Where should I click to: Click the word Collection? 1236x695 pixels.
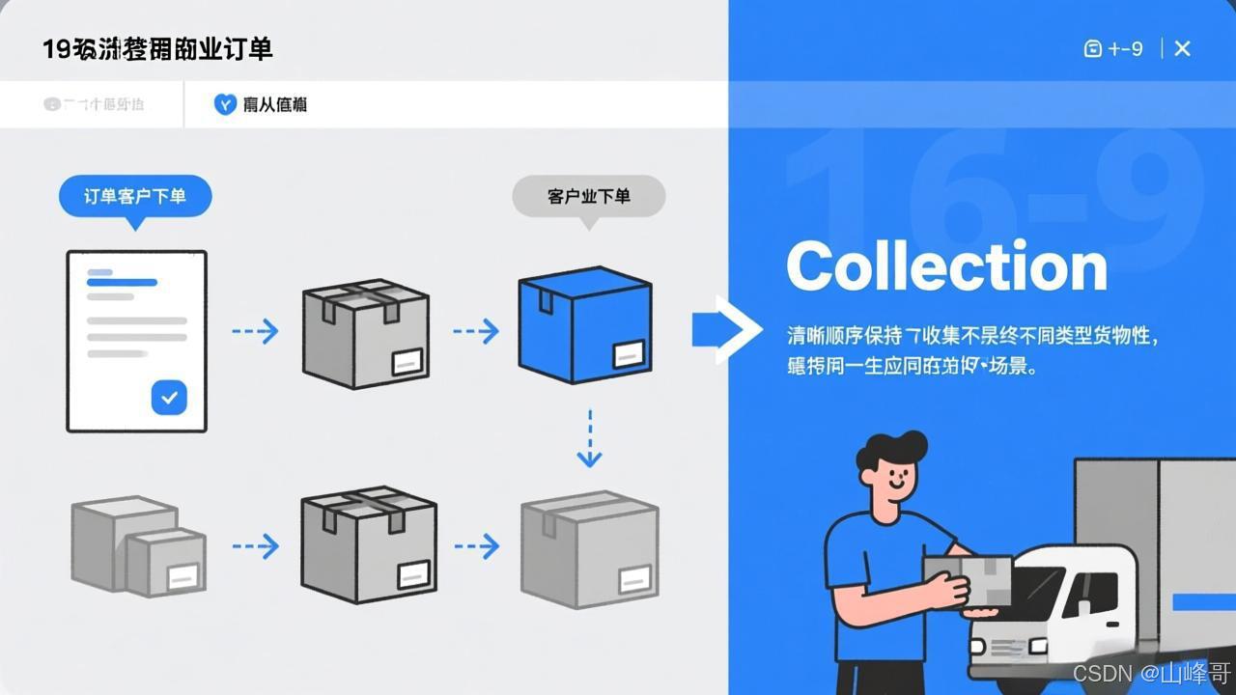pos(946,266)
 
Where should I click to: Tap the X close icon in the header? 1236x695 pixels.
pos(1182,48)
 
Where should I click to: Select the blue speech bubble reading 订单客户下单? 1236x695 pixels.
pos(135,197)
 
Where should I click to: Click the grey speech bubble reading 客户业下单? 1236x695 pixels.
pos(588,197)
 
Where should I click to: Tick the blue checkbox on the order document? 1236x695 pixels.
pos(169,397)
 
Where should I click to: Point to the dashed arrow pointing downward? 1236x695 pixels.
pos(589,439)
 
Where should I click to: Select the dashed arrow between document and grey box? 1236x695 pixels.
pos(255,331)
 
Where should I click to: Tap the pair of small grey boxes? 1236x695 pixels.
pos(138,545)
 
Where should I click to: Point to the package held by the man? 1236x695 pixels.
pos(968,580)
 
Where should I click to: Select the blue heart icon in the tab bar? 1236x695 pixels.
pos(225,104)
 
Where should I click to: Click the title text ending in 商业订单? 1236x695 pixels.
pos(157,49)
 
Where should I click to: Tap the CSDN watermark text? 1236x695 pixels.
pos(1151,673)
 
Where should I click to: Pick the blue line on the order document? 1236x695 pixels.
pos(122,283)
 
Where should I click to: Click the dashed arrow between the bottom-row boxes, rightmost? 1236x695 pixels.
pos(477,547)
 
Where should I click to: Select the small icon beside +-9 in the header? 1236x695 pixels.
pos(1092,48)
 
